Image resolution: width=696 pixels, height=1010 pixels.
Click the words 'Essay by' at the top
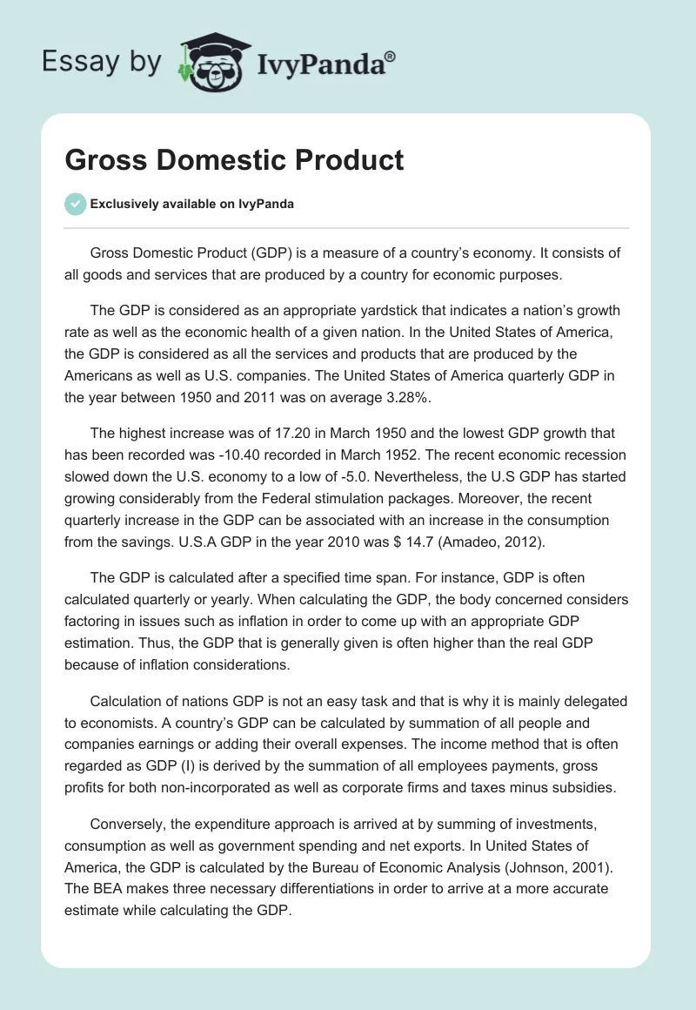click(101, 63)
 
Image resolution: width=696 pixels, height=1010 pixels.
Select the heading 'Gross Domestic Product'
click(234, 160)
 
